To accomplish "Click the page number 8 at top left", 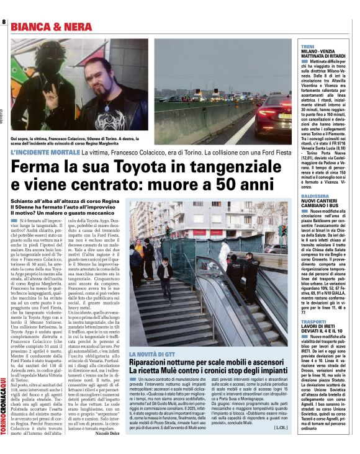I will pyautogui.click(x=4, y=22).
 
